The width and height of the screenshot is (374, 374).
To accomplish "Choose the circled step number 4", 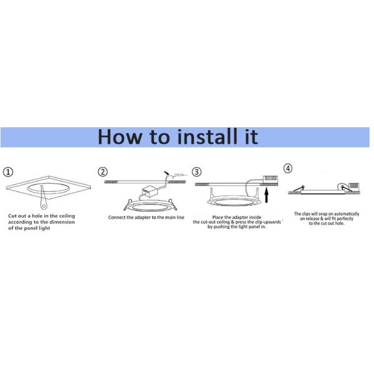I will pos(287,168).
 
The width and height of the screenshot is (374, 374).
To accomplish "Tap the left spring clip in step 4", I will pos(297,188).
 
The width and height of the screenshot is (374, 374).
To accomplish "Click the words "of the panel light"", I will pos(29,229).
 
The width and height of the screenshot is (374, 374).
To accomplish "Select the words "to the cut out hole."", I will pos(327,223).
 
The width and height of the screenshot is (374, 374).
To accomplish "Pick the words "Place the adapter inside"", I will pos(236,216).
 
